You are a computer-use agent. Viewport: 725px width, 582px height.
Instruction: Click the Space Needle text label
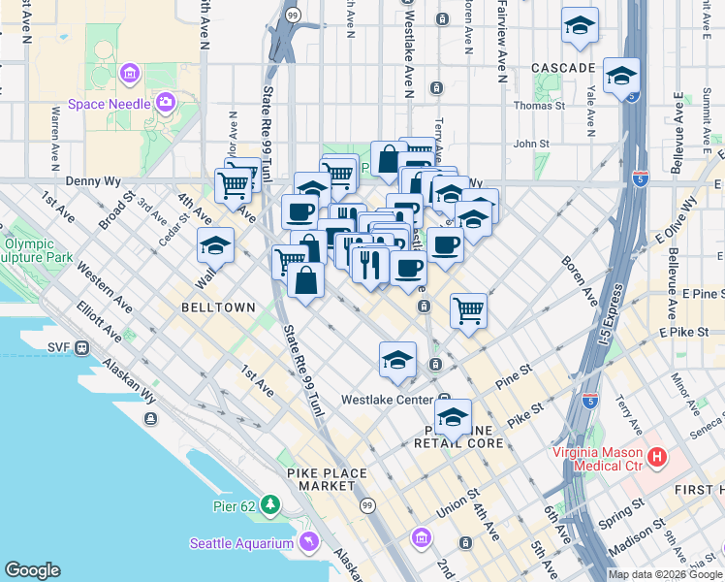[x=109, y=104]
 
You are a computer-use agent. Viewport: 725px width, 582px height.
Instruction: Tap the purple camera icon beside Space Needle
[x=166, y=101]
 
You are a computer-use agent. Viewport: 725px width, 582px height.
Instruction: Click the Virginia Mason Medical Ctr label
[x=596, y=459]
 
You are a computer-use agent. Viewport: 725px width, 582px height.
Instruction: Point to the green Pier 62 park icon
[x=270, y=504]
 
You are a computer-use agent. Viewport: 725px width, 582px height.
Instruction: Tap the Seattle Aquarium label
[x=240, y=543]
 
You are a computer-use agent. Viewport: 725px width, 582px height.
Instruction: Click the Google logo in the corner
[x=32, y=570]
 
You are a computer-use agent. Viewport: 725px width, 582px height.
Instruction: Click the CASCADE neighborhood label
[x=563, y=68]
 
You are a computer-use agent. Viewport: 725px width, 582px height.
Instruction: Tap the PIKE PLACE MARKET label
[x=327, y=479]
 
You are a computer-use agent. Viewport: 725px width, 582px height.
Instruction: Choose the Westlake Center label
[x=385, y=400]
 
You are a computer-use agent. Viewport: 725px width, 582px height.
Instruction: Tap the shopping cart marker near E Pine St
[x=468, y=310]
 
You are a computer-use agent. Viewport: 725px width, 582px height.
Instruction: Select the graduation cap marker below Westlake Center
[x=453, y=418]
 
